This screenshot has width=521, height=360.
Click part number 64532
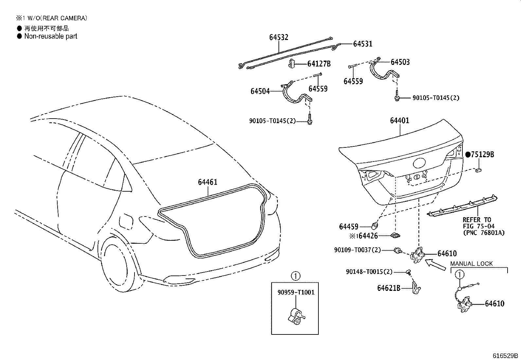(279, 37)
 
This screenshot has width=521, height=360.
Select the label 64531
(363, 44)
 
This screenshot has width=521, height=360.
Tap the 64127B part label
(319, 64)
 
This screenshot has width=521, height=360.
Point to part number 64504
(260, 91)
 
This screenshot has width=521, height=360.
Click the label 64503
(400, 62)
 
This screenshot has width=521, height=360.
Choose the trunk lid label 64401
(399, 121)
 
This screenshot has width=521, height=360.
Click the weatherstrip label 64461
(207, 182)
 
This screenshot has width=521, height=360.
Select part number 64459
(349, 226)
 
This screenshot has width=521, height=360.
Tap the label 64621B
(389, 288)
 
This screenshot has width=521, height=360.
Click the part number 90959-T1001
(295, 292)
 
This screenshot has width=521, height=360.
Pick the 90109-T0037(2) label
(357, 250)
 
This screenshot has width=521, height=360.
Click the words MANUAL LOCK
(471, 264)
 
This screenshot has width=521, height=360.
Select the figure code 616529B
(506, 356)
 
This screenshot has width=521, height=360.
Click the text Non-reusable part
(51, 36)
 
